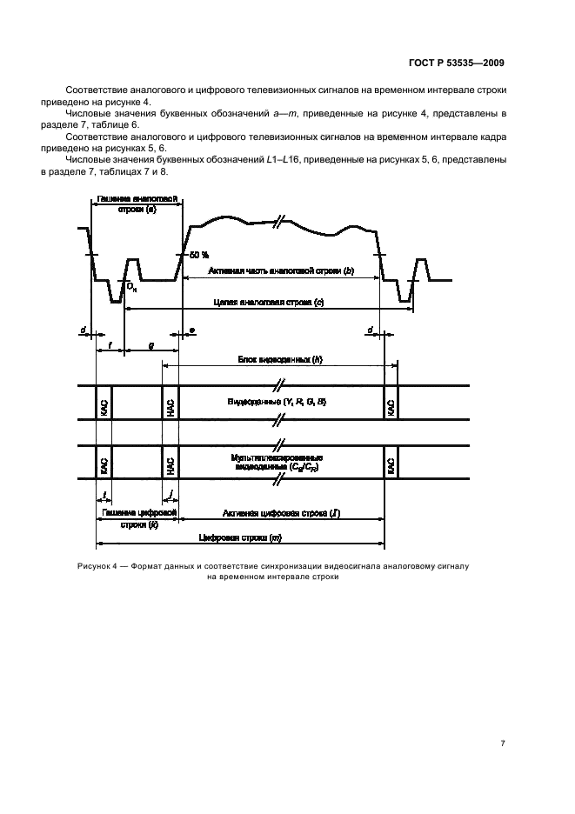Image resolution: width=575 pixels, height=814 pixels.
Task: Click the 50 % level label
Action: [x=198, y=254]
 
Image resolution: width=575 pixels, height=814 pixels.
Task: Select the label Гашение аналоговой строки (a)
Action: [x=135, y=205]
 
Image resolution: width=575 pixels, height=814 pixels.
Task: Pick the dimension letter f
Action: [x=110, y=345]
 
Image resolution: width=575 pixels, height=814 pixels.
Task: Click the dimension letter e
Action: [x=191, y=331]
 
